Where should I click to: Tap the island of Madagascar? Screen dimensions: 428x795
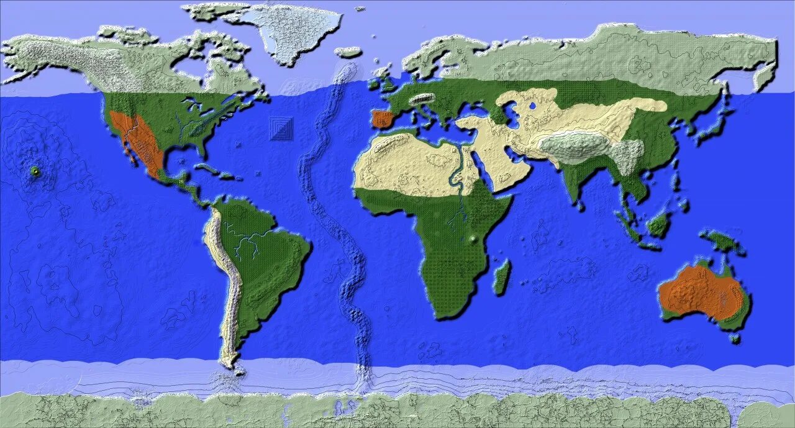502,277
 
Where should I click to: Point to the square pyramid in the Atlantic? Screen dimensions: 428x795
283,129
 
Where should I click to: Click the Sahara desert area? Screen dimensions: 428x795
404,165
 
